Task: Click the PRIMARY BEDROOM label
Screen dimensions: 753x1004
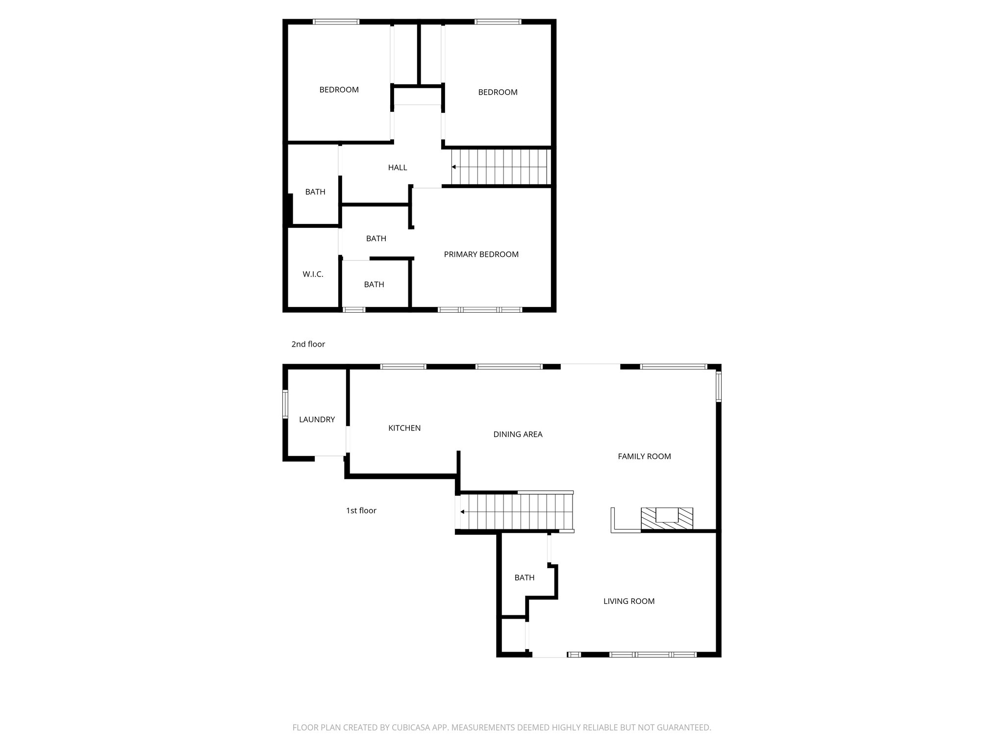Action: pyautogui.click(x=481, y=254)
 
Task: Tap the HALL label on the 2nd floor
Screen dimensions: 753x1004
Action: pyautogui.click(x=397, y=168)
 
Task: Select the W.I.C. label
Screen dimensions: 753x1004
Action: pyautogui.click(x=313, y=275)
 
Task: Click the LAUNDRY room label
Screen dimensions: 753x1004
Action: pyautogui.click(x=317, y=420)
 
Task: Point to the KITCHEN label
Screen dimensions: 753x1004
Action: pyautogui.click(x=404, y=428)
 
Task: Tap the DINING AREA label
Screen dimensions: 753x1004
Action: pyautogui.click(x=518, y=434)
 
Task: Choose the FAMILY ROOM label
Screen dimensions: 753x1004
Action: pyautogui.click(x=644, y=456)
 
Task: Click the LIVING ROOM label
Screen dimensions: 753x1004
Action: pyautogui.click(x=628, y=602)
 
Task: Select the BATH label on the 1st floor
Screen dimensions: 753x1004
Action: pyautogui.click(x=524, y=578)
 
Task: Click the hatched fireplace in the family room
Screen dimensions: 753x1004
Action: pyautogui.click(x=667, y=519)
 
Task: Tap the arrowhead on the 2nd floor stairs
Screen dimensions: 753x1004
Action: pyautogui.click(x=454, y=167)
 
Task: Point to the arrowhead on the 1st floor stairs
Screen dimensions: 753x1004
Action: pyautogui.click(x=462, y=512)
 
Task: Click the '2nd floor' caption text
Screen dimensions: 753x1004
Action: pyautogui.click(x=308, y=345)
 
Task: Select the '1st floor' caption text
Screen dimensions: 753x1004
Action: pyautogui.click(x=361, y=511)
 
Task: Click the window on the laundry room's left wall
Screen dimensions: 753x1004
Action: pyautogui.click(x=285, y=404)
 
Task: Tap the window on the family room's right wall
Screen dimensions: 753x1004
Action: pyautogui.click(x=719, y=386)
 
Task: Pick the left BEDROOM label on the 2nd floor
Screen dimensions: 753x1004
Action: pyautogui.click(x=339, y=90)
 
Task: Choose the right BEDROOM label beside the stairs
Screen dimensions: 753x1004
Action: pyautogui.click(x=498, y=92)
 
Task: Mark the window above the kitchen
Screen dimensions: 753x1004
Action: pyautogui.click(x=403, y=366)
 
